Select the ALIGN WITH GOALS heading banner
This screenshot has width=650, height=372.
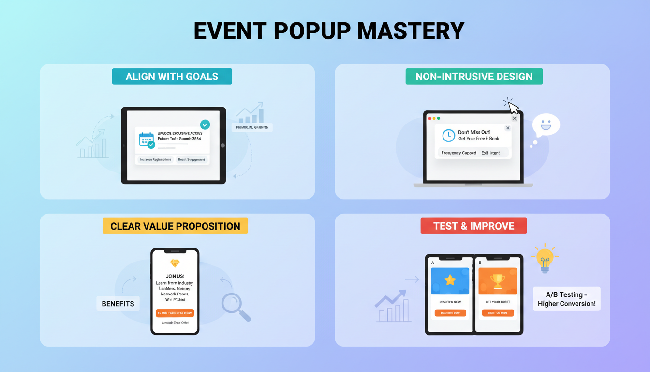[172, 77]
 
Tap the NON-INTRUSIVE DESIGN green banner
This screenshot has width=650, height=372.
[473, 77]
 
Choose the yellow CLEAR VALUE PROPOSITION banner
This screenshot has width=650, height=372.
[175, 226]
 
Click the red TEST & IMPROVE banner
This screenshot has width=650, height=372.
[473, 226]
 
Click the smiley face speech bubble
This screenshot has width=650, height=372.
[546, 125]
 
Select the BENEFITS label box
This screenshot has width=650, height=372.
[118, 304]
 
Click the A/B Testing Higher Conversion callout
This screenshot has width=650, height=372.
[566, 299]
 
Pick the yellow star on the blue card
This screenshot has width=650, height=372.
[450, 280]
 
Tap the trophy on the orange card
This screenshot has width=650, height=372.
[498, 280]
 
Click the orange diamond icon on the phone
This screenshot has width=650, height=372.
[175, 263]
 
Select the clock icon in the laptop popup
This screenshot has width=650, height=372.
[448, 135]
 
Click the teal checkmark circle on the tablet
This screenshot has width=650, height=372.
[205, 125]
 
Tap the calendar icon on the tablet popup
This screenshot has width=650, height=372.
[146, 139]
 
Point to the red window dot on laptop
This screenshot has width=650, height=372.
[429, 118]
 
